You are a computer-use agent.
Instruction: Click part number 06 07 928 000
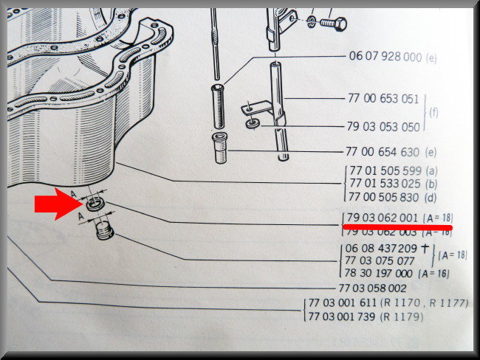(x=385, y=57)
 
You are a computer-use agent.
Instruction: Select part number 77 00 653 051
(x=383, y=99)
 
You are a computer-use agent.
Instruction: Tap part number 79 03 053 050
(x=383, y=127)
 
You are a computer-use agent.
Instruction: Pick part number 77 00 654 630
(x=383, y=152)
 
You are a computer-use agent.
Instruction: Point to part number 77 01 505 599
(x=385, y=170)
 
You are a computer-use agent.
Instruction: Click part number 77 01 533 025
(x=385, y=184)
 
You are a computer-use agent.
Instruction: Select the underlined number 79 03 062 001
(x=383, y=218)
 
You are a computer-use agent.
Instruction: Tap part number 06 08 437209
(x=381, y=248)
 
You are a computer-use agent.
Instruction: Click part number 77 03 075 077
(x=380, y=261)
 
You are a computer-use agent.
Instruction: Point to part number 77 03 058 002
(x=372, y=288)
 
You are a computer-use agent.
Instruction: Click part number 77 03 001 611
(x=342, y=302)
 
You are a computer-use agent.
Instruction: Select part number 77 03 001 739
(x=342, y=316)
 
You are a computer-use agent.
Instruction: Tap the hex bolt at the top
(x=333, y=24)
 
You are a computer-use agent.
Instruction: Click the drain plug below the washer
(x=105, y=231)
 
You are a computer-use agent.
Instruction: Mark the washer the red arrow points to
(x=95, y=204)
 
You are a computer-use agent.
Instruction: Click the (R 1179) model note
(x=402, y=316)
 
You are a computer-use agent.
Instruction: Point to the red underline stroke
(x=397, y=227)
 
